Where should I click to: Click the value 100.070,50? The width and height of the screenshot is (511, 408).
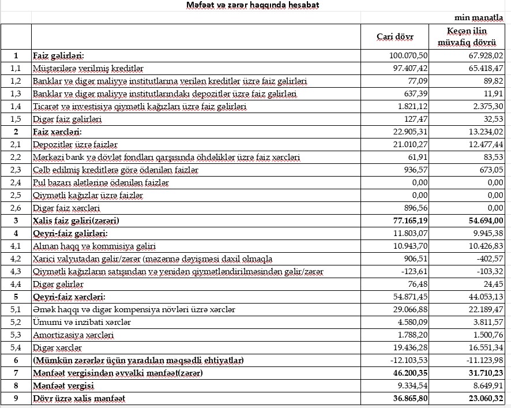pos(407,56)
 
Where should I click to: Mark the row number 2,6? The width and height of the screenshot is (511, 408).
pos(16,208)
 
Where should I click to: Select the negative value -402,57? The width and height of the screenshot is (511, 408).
pos(489,259)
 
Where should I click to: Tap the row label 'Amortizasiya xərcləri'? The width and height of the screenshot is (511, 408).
pos(73,335)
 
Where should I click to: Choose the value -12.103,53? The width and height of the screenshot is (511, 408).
pos(408,360)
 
